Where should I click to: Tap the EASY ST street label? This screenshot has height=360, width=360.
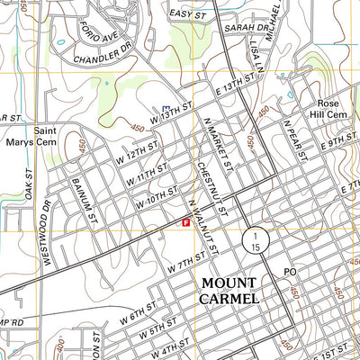pyautogui.click(x=188, y=15)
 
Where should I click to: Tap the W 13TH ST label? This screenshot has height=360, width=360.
pyautogui.click(x=172, y=113)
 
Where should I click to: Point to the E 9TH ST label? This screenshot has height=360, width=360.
pyautogui.click(x=338, y=140)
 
